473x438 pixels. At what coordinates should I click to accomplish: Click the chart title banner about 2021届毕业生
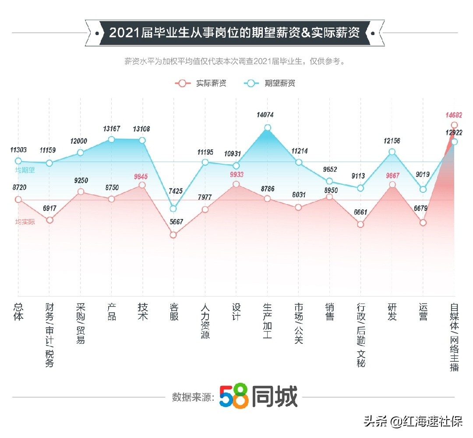[x=234, y=33]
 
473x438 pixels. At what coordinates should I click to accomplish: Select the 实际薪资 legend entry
[x=201, y=83]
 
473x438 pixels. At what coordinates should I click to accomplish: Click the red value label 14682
[x=454, y=115]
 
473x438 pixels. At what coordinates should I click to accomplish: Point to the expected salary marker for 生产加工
[x=267, y=128]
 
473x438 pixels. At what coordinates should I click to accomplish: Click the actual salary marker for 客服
[x=173, y=235]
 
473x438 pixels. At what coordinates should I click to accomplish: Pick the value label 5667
[x=173, y=222]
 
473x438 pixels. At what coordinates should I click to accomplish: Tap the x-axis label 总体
[x=18, y=311]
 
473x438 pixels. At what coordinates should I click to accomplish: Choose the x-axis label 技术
[x=143, y=311]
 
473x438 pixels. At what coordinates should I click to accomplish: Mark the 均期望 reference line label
[x=25, y=170]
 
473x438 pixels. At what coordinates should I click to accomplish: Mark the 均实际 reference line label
[x=25, y=222]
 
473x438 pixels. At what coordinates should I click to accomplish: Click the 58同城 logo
[x=258, y=397]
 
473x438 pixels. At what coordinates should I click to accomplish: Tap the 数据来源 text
[x=193, y=397]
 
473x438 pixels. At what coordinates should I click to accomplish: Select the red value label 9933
[x=236, y=174]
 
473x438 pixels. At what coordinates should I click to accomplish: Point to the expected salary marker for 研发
[x=392, y=152]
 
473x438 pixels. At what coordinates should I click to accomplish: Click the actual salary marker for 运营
[x=423, y=223]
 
